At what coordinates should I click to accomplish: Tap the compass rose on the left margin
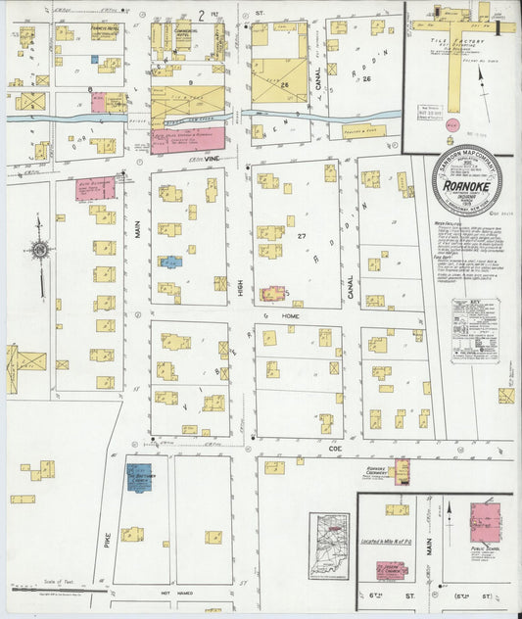click(x=39, y=251)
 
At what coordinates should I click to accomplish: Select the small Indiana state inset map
click(x=329, y=545)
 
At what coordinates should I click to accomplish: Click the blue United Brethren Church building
click(x=141, y=478)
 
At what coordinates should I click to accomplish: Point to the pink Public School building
click(x=485, y=518)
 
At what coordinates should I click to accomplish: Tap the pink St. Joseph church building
click(x=393, y=571)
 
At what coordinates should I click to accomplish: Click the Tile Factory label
click(x=451, y=42)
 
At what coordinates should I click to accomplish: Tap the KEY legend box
click(x=475, y=330)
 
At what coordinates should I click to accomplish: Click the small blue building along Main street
click(x=171, y=262)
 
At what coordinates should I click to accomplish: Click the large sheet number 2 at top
click(x=202, y=13)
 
